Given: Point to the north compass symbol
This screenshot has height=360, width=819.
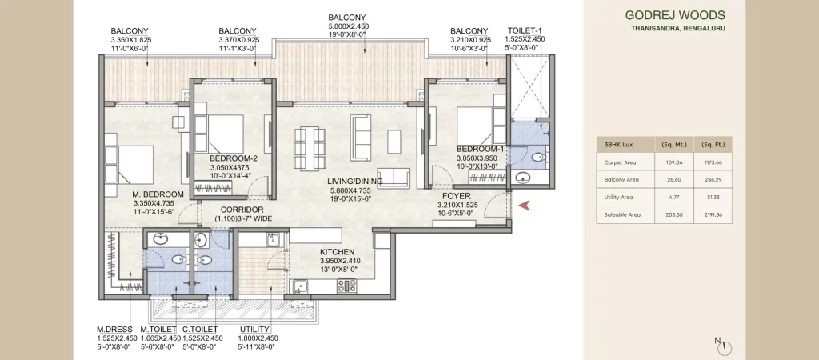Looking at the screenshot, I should (724, 346).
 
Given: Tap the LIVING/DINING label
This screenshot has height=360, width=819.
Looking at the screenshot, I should (355, 182).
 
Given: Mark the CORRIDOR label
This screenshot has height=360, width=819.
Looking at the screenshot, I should (242, 210).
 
